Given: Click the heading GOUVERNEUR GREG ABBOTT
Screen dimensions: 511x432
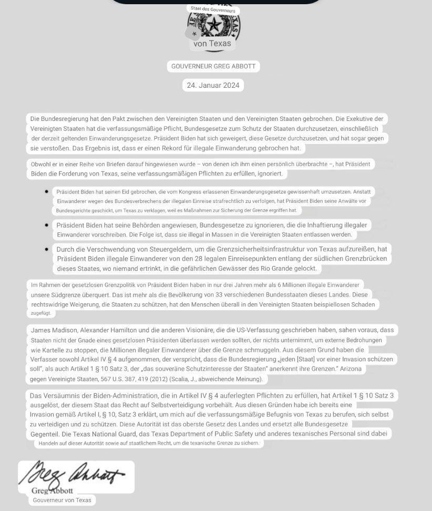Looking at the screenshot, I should pos(213,66).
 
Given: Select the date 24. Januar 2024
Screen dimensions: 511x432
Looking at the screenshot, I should pos(213,85).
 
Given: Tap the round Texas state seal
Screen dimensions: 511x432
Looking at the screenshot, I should pos(214,25).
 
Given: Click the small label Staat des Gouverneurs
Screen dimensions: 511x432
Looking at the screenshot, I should pos(213,9).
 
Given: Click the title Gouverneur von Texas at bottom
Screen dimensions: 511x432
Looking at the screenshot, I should pos(62,500).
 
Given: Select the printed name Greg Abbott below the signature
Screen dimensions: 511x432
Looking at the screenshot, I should pos(52,490).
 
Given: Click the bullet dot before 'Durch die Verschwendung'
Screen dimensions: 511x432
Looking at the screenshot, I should pos(47,249).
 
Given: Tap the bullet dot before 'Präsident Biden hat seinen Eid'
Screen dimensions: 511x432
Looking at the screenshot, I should pos(47,192).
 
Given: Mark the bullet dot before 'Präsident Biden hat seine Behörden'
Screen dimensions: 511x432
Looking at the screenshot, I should pos(47,225).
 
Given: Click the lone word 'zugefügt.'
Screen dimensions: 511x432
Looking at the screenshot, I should pos(41,313).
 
